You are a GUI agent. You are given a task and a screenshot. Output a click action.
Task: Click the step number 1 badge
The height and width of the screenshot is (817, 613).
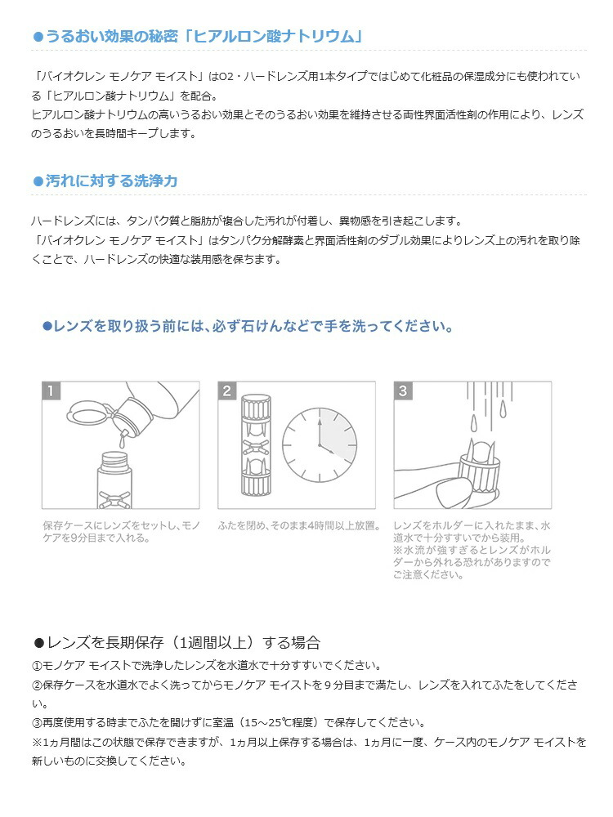[x=51, y=391]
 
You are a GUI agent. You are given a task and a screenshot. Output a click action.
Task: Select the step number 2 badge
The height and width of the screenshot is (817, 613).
[x=228, y=391]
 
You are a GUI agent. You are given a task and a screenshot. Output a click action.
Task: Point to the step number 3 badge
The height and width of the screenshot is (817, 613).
[x=403, y=391]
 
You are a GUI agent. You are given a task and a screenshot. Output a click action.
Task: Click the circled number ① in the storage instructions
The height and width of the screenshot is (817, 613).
[x=37, y=665]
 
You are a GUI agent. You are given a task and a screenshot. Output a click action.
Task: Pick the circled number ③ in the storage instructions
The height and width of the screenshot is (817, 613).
[x=37, y=722]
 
